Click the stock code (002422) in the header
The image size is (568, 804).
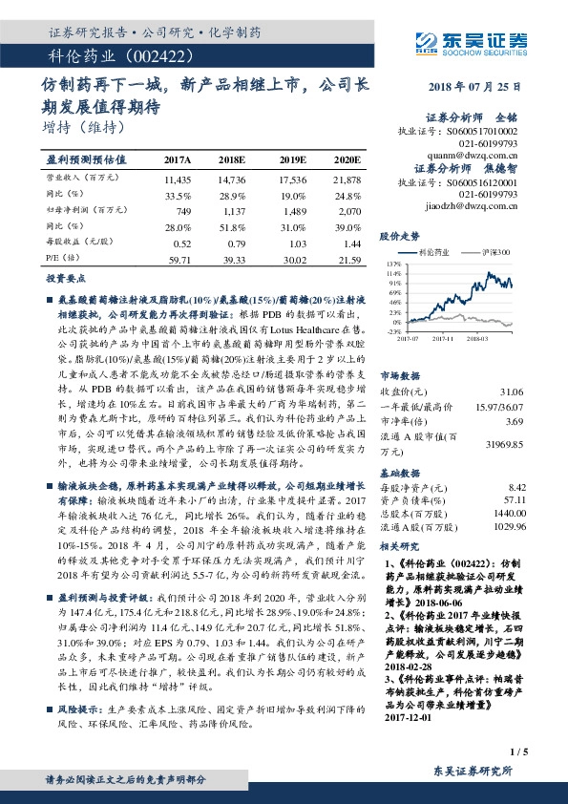[x=125, y=56]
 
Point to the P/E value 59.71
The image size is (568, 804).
[x=179, y=259]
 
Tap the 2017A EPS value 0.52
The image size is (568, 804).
[x=183, y=244]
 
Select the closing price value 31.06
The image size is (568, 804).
[x=511, y=392]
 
